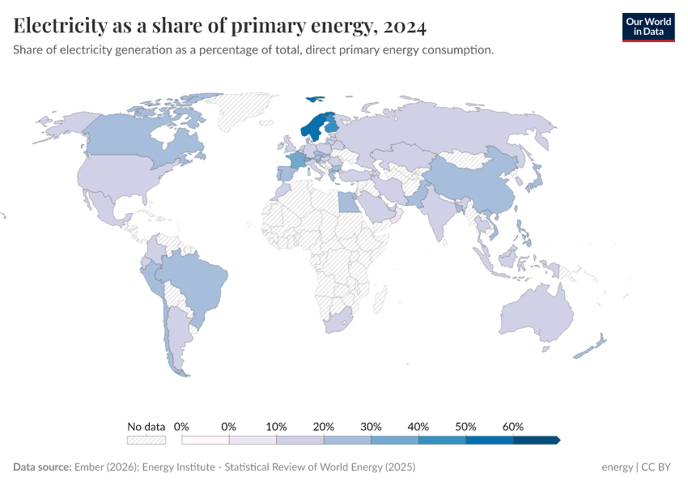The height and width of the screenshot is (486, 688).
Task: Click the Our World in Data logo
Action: [648, 26]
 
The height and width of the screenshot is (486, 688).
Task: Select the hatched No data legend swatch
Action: [147, 440]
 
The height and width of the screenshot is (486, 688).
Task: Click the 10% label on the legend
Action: [277, 427]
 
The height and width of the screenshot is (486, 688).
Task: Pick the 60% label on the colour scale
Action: [513, 427]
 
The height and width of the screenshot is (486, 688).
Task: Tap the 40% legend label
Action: [418, 427]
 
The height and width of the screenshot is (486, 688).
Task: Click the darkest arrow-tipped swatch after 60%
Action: [536, 440]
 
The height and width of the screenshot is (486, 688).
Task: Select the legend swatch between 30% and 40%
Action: [395, 440]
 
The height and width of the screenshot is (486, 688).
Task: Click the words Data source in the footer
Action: [42, 467]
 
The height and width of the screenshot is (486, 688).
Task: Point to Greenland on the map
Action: [247, 109]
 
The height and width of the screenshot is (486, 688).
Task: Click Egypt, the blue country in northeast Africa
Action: [349, 202]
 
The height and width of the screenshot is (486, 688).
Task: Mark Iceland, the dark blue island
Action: [314, 100]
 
